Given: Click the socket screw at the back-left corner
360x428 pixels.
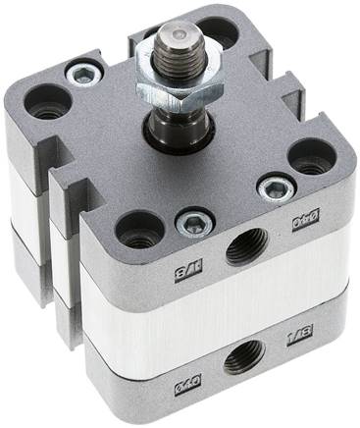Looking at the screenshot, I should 84,72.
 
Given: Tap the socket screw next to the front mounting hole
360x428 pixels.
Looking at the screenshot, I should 191,225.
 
